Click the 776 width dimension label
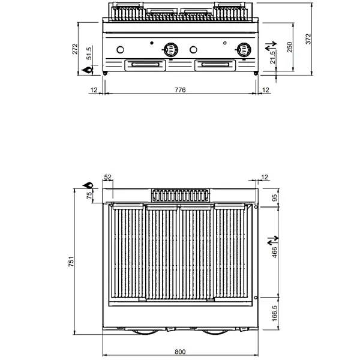click(180, 90)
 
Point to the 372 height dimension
click(308, 39)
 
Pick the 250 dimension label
click(290, 47)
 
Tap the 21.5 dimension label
click(273, 57)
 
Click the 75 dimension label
click(90, 196)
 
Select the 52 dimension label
click(108, 177)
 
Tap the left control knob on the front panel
click(172, 49)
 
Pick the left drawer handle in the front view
click(145, 64)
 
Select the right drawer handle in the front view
click(215, 64)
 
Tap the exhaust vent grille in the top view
click(181, 195)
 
